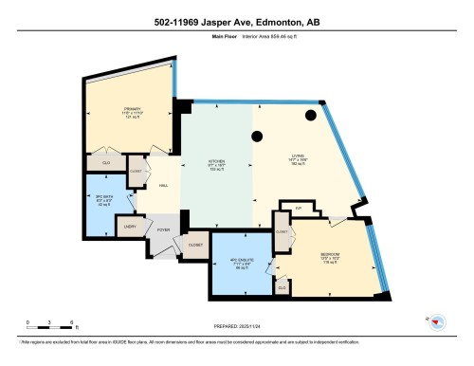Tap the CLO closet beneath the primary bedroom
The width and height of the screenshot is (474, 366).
[x=105, y=163]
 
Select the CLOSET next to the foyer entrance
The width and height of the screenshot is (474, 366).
[x=195, y=244]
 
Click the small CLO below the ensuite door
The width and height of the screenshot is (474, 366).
[x=282, y=285]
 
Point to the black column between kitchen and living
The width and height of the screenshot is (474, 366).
[x=256, y=137]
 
